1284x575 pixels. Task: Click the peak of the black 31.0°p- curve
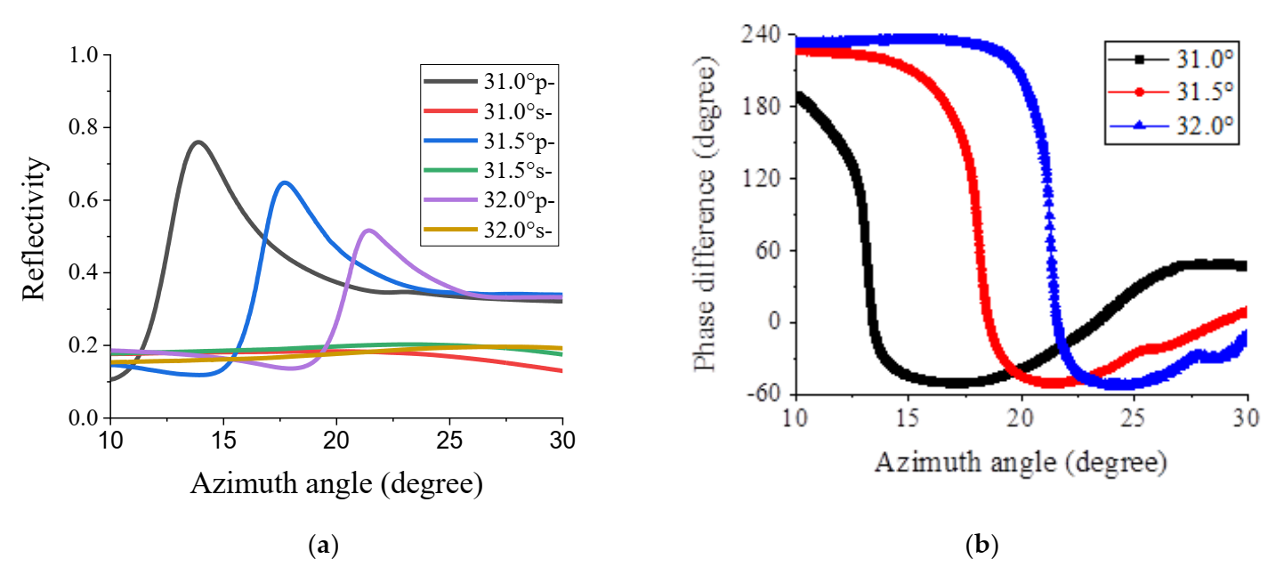tap(198, 142)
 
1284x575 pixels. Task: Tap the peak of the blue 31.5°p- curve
tap(285, 182)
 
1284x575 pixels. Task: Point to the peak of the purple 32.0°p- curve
tap(369, 230)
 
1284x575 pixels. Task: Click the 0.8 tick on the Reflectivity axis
tap(85, 128)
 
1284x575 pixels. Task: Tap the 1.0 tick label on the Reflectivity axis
tap(85, 55)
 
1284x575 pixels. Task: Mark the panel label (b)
tap(982, 545)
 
